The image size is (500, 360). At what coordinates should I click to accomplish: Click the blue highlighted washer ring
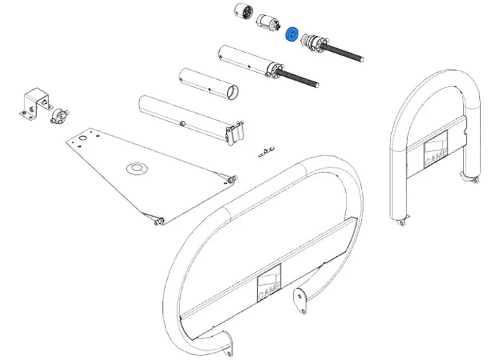tap(293, 34)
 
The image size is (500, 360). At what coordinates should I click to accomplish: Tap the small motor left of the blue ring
tap(268, 24)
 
